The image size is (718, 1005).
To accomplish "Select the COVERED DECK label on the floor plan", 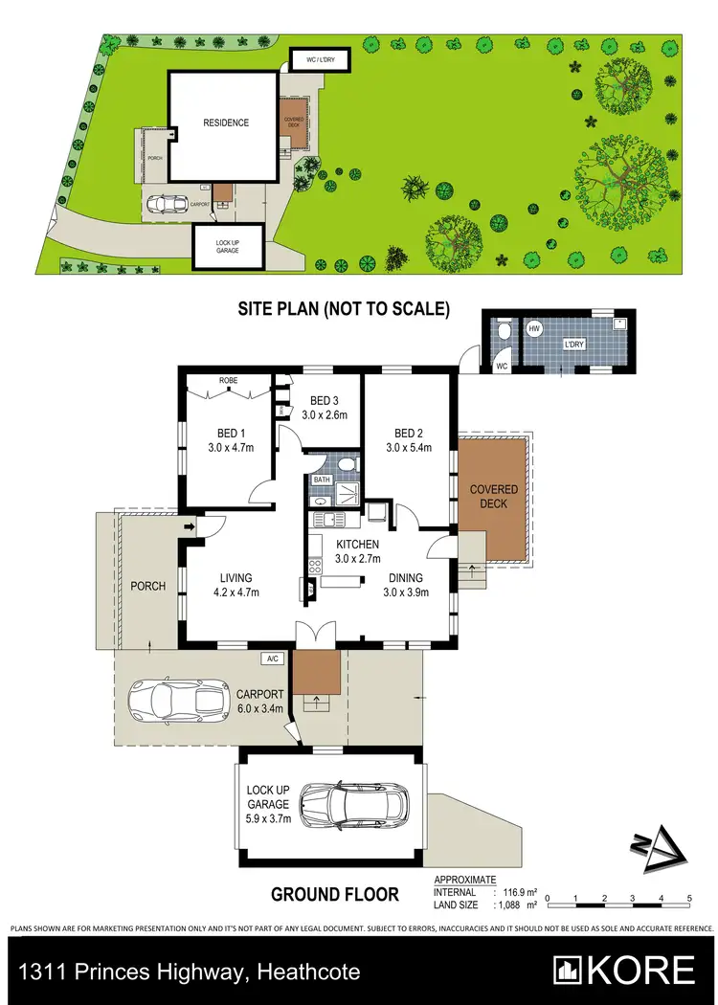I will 494,497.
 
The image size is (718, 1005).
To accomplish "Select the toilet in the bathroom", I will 349,466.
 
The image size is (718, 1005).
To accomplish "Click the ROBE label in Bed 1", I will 228,380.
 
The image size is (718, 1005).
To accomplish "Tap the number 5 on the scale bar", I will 689,898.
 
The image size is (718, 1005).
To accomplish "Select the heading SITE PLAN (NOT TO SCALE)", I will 344,309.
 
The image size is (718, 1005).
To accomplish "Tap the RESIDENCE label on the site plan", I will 225,123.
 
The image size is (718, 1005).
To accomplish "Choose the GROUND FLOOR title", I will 335,895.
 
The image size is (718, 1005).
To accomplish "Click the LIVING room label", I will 236,577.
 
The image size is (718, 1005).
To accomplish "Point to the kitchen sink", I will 330,520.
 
